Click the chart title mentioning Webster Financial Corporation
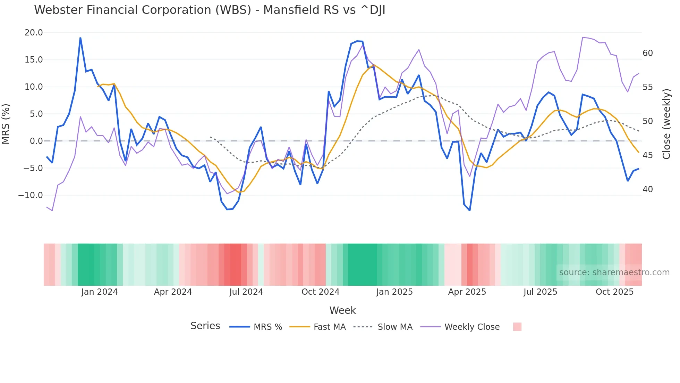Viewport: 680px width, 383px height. [210, 10]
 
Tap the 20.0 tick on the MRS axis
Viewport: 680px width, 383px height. [34, 33]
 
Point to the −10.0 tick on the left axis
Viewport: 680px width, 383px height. [31, 195]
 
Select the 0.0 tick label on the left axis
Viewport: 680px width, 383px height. [36, 141]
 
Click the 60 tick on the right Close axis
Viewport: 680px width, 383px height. [647, 53]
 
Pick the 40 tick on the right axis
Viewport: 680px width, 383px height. [647, 189]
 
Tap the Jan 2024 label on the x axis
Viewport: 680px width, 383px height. [100, 292]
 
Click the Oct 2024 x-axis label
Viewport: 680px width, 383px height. [320, 292]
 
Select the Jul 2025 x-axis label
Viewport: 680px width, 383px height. [540, 292]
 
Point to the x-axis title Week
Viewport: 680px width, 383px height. [342, 310]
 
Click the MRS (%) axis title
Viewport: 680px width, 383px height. [6, 124]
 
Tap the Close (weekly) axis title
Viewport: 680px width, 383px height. [666, 124]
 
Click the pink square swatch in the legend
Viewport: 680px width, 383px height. [517, 327]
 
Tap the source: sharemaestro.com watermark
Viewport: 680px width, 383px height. [614, 272]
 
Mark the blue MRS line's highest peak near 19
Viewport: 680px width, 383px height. [80, 38]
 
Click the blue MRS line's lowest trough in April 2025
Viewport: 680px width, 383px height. [469, 210]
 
